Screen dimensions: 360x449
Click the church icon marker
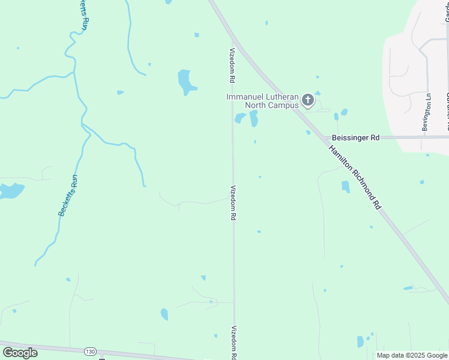coord(308,100)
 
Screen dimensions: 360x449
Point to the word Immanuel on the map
coord(245,97)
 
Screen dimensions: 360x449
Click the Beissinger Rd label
coord(355,137)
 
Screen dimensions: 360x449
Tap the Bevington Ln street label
coord(427,112)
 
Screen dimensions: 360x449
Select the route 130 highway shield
coord(90,352)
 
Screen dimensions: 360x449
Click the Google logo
coord(20,352)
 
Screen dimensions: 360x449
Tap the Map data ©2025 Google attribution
coord(412,355)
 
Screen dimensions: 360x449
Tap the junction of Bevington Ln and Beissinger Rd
coord(422,137)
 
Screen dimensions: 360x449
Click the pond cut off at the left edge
coord(10,191)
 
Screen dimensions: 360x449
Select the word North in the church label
coord(255,106)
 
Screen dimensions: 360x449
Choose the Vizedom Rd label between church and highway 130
coord(232,202)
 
